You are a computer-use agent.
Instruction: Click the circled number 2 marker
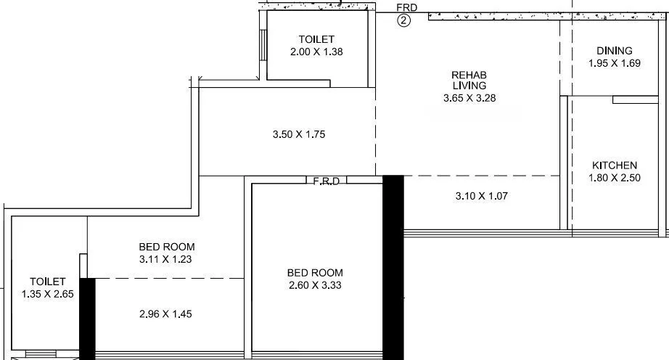point(404,21)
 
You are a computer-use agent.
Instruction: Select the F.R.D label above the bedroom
point(326,181)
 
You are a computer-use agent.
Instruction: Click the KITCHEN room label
point(614,165)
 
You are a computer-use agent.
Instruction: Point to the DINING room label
point(614,51)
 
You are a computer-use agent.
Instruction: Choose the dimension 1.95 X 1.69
point(614,64)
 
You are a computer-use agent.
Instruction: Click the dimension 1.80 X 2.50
point(614,178)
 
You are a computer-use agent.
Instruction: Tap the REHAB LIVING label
point(469,80)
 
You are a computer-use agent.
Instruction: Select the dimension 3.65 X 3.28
point(469,98)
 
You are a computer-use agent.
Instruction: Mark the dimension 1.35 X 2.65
point(48,294)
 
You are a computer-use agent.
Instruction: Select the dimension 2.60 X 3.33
point(314,285)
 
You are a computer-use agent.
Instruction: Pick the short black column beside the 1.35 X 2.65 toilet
point(87,319)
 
